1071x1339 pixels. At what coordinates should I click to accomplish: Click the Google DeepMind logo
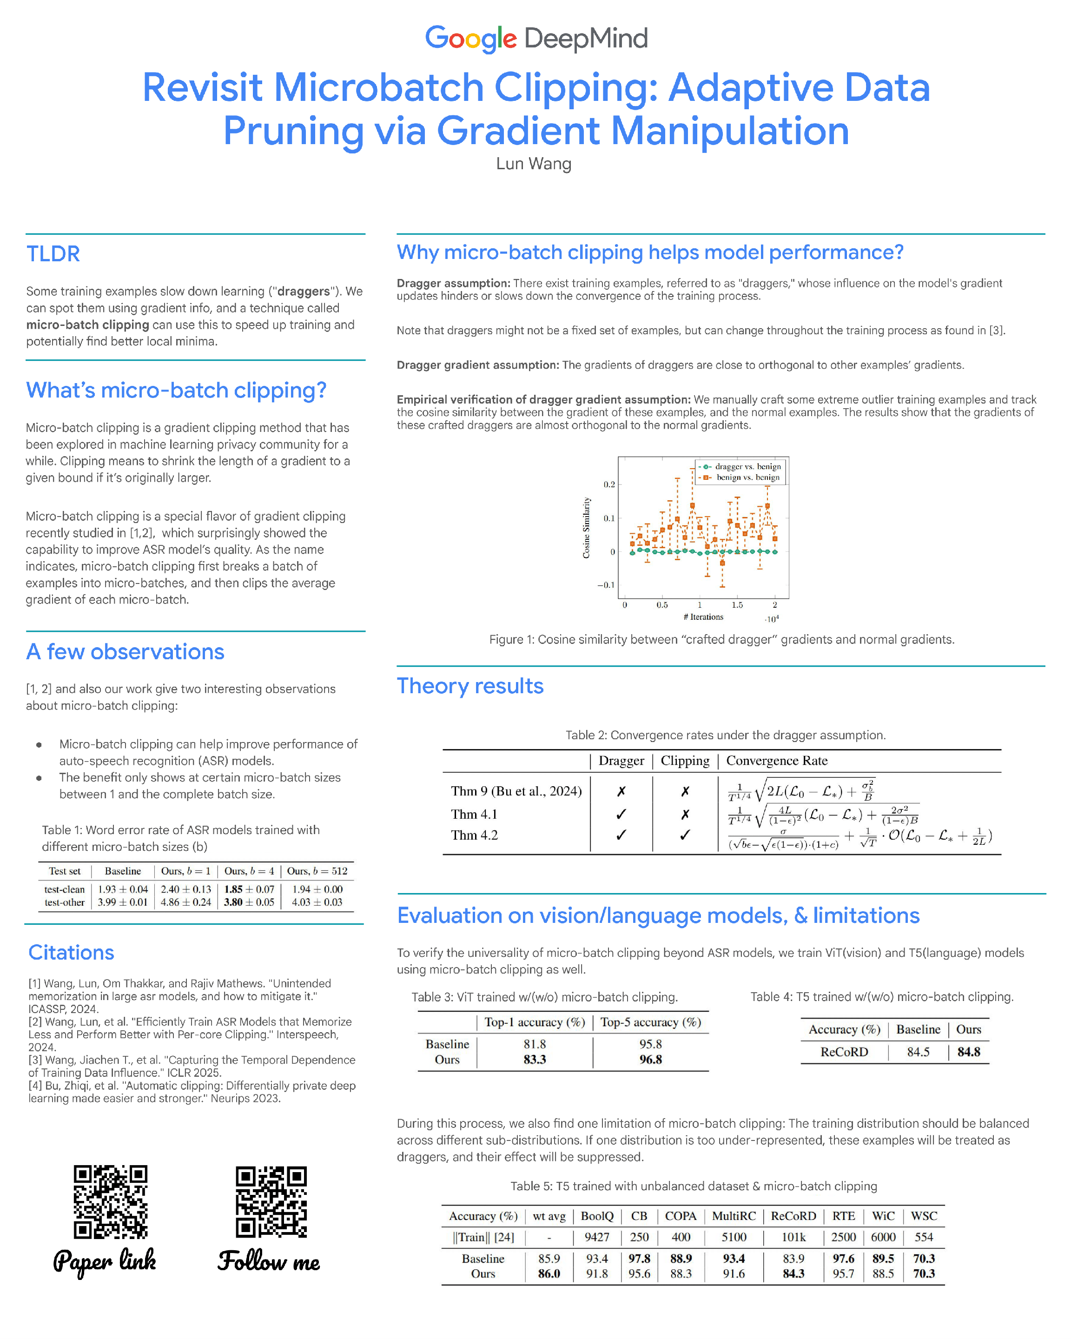click(x=536, y=39)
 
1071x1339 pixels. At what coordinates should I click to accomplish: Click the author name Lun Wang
click(x=533, y=164)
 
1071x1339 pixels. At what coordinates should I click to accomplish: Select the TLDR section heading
click(x=53, y=254)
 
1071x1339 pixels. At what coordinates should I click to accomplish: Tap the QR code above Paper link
click(x=111, y=1202)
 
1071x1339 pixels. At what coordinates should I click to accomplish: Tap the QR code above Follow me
click(x=271, y=1202)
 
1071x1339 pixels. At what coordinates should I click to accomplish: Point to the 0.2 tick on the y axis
click(x=609, y=484)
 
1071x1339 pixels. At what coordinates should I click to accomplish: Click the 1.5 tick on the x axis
click(x=737, y=605)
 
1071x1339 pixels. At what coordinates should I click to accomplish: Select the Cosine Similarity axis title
click(x=586, y=528)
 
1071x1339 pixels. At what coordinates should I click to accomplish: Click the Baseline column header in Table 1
click(x=122, y=871)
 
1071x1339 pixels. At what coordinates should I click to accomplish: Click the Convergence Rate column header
click(x=777, y=761)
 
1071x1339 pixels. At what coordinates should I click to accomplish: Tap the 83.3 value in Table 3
click(x=535, y=1060)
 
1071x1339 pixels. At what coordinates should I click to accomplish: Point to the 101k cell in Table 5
click(x=793, y=1237)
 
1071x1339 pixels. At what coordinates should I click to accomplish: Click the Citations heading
click(x=72, y=953)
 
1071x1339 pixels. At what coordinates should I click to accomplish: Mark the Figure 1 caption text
click(x=721, y=640)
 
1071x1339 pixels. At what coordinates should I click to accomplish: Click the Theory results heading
click(x=470, y=686)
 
